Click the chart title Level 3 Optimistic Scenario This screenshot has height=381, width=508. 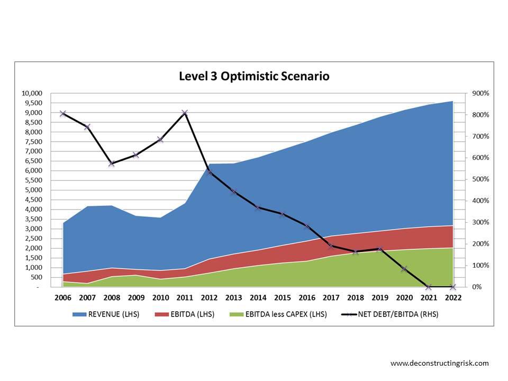tap(254, 76)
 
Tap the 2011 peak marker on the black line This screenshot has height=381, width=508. tap(185, 113)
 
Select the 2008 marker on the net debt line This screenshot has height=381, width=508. tap(112, 164)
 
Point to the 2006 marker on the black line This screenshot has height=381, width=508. tap(63, 113)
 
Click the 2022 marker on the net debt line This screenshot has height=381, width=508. tap(453, 287)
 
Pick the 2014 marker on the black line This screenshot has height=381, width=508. tap(258, 207)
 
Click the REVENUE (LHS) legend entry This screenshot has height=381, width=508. tap(106, 314)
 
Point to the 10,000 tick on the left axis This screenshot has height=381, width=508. tap(31, 93)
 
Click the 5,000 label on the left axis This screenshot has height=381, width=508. tap(33, 190)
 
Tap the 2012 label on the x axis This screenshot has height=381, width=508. tap(209, 298)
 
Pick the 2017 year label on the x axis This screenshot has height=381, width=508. tap(331, 298)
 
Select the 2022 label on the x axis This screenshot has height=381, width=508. tap(453, 298)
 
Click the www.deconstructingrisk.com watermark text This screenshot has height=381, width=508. tap(439, 363)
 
